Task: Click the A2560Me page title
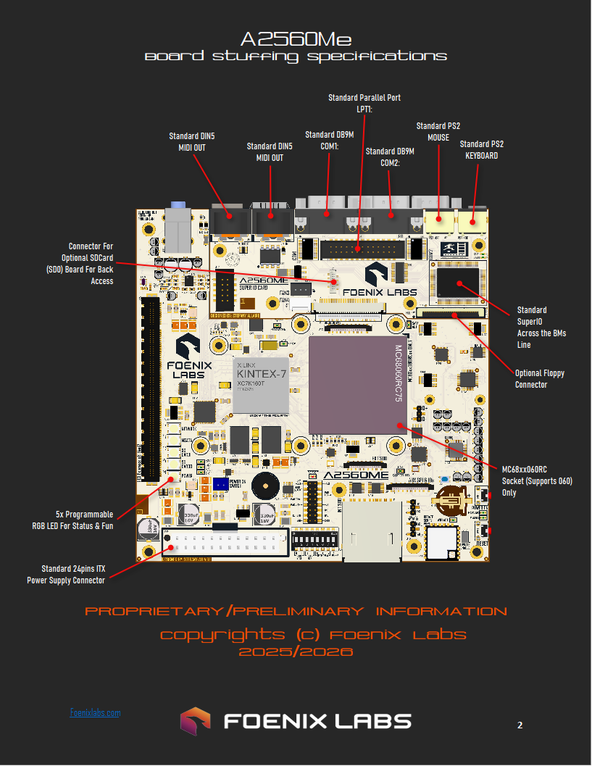(x=296, y=38)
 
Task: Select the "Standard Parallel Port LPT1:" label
(x=364, y=103)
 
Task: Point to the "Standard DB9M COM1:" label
(x=329, y=141)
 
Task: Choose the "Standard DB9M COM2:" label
(x=390, y=157)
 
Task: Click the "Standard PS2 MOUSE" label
(x=438, y=132)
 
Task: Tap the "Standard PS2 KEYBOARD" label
(x=481, y=150)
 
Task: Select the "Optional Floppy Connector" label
(x=539, y=379)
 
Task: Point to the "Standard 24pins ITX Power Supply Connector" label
(x=66, y=574)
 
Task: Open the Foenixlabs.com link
(x=95, y=713)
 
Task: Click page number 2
(x=520, y=725)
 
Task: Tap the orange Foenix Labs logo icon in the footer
(x=195, y=721)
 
